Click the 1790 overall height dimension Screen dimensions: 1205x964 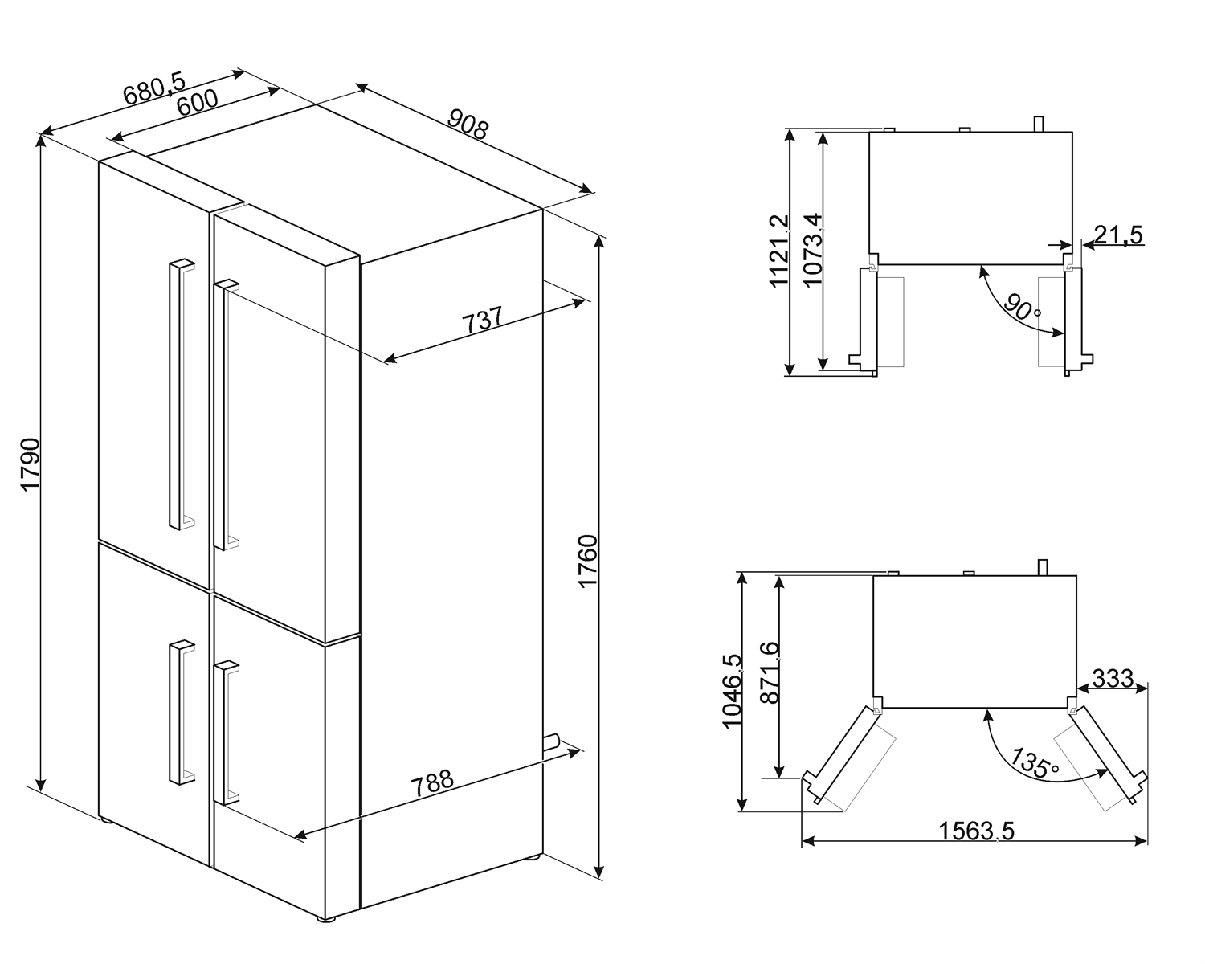[x=31, y=464]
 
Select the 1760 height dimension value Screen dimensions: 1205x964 [x=588, y=562]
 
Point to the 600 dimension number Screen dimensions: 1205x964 [x=197, y=103]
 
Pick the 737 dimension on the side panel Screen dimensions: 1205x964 [x=481, y=320]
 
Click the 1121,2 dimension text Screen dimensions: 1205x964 [x=778, y=251]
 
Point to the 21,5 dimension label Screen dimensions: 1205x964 [x=1117, y=235]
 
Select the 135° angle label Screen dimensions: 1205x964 [x=1033, y=763]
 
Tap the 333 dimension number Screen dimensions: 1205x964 [x=1113, y=679]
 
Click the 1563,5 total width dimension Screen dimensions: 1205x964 [x=976, y=831]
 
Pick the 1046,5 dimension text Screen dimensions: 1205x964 [x=733, y=692]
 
